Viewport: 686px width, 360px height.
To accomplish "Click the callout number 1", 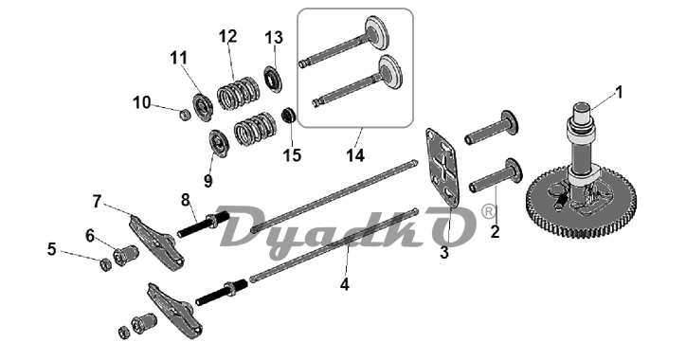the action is (x=618, y=92).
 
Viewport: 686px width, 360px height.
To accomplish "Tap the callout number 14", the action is (x=355, y=154).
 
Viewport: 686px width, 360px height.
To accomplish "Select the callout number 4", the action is (x=345, y=284).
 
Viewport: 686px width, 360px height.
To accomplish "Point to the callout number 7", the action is (x=98, y=201).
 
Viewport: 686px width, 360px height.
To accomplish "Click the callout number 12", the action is (x=228, y=36).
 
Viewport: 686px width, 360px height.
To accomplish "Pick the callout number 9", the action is (x=208, y=180).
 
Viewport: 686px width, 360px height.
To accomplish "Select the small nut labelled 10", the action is (x=186, y=116).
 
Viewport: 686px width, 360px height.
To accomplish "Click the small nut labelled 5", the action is (x=105, y=264).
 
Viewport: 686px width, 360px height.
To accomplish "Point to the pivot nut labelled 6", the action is (x=126, y=255).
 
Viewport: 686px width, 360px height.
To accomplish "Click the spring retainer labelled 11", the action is (x=203, y=107).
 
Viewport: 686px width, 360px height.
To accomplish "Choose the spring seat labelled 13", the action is (x=273, y=79).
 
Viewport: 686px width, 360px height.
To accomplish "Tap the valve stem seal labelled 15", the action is (x=288, y=116).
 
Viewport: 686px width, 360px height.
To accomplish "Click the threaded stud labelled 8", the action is (x=204, y=225).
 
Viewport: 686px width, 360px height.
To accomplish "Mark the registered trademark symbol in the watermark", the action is (x=488, y=211).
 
